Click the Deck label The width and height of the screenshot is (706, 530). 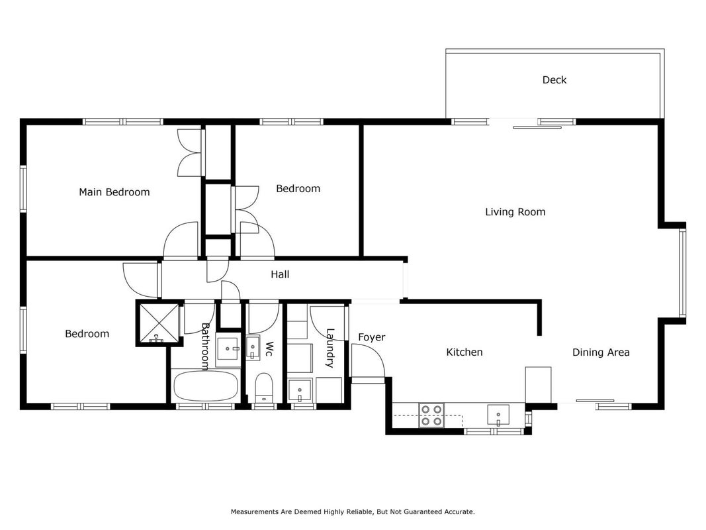[x=554, y=80]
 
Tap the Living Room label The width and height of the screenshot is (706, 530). [x=515, y=212]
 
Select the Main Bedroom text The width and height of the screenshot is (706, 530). [x=114, y=192]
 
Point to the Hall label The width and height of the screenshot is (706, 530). [x=280, y=274]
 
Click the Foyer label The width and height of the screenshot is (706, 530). [x=372, y=337]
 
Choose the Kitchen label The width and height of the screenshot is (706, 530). [x=464, y=352]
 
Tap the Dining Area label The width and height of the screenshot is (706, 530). [x=601, y=352]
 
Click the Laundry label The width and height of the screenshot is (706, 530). [x=330, y=348]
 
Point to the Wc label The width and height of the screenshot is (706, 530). [x=269, y=349]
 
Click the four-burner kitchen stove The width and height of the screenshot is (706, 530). [x=431, y=415]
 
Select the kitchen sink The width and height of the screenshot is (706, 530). [x=498, y=415]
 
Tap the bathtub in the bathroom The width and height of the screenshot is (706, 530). [x=206, y=386]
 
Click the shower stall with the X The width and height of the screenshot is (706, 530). [x=159, y=323]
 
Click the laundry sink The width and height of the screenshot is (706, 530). [x=300, y=390]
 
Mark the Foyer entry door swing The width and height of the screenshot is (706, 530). [x=368, y=360]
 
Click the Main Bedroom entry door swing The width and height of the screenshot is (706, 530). [x=181, y=240]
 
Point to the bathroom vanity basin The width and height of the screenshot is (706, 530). [x=228, y=349]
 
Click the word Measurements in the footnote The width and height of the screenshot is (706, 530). [x=254, y=512]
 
